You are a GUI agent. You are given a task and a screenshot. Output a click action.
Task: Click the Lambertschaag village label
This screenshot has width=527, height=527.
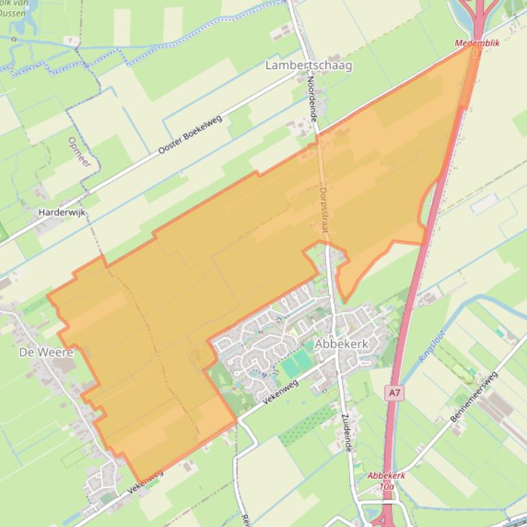coord(308,66)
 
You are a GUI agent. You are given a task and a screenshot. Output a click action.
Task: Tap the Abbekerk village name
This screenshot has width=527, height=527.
coord(342,345)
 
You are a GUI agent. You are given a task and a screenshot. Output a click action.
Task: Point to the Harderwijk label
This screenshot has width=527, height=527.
coord(62,213)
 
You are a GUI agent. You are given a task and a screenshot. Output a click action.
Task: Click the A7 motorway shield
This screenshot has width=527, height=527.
coord(393,393)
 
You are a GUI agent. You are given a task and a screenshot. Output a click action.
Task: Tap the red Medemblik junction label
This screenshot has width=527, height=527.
coord(477,43)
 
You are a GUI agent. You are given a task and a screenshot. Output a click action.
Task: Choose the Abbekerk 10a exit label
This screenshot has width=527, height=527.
coord(387,480)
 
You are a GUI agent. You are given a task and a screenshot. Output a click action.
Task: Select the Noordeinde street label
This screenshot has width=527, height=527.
coord(312,99)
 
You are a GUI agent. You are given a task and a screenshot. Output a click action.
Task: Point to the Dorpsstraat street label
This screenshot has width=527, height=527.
coord(323,212)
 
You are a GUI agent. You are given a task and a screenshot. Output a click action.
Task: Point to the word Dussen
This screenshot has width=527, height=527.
coord(13,13)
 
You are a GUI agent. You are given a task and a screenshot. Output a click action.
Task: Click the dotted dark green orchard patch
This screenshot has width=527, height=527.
coord(308,424)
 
